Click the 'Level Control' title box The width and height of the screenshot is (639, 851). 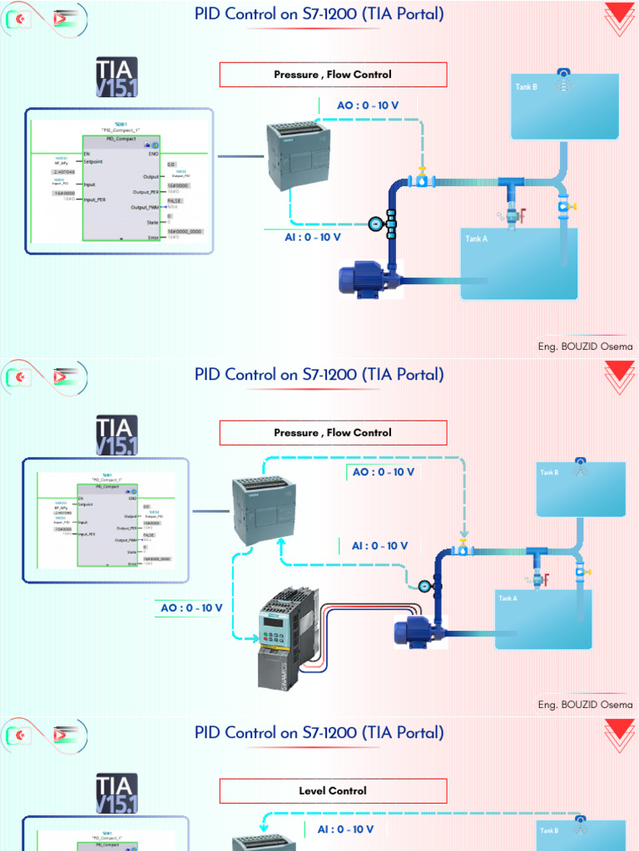pyautogui.click(x=333, y=790)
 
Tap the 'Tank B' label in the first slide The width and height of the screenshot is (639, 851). pyautogui.click(x=527, y=86)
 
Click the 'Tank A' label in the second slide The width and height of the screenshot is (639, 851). pyautogui.click(x=508, y=598)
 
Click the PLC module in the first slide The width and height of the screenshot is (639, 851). pyautogui.click(x=297, y=155)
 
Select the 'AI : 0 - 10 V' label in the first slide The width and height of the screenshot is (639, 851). pyautogui.click(x=313, y=237)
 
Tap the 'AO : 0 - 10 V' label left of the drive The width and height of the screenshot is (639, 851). pyautogui.click(x=191, y=608)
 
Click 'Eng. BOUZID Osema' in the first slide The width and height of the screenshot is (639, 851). pyautogui.click(x=585, y=347)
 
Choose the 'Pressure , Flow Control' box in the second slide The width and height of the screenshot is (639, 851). pyautogui.click(x=333, y=432)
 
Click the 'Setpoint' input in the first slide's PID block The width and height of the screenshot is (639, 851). pyautogui.click(x=92, y=162)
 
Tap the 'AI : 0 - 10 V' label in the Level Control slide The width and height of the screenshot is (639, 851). pyautogui.click(x=345, y=829)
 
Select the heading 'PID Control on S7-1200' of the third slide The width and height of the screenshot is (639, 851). pyautogui.click(x=319, y=732)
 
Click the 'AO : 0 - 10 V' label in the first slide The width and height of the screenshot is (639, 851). pyautogui.click(x=367, y=106)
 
